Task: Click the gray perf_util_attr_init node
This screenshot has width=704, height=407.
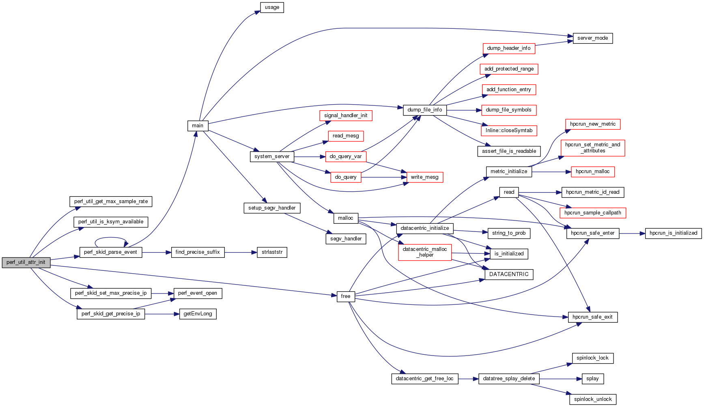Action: (x=26, y=262)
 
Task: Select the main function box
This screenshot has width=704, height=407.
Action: (x=198, y=126)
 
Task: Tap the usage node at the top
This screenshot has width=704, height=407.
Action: (x=272, y=7)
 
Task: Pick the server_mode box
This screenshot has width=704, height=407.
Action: (x=592, y=38)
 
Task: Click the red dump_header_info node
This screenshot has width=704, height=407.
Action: (x=509, y=48)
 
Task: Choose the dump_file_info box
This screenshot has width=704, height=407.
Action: (x=424, y=110)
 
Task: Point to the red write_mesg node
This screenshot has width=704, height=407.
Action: (x=424, y=177)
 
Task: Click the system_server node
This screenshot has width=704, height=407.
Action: (x=272, y=156)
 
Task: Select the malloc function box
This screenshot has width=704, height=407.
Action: (x=345, y=218)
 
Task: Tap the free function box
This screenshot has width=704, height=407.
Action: (x=346, y=296)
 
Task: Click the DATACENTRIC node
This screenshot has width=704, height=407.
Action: (x=509, y=274)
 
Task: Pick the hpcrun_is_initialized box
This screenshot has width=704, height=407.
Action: (x=673, y=233)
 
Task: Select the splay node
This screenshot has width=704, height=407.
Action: (x=592, y=379)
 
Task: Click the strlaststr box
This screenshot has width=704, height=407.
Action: (x=272, y=252)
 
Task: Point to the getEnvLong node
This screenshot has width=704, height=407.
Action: (x=198, y=314)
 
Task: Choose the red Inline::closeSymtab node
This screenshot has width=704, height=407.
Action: (x=509, y=131)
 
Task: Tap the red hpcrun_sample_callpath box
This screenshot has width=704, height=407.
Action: (x=592, y=213)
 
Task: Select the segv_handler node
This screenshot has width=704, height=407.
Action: (x=346, y=239)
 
